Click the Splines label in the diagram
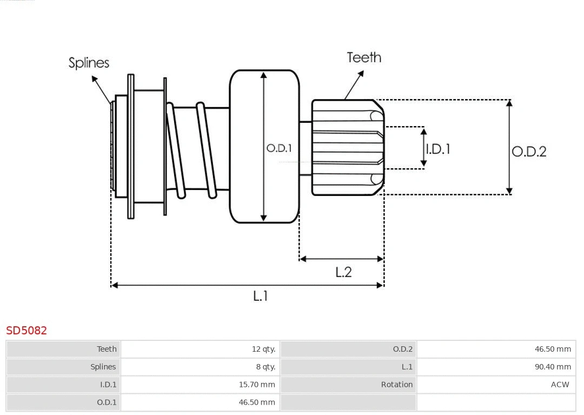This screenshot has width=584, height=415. (x=89, y=63)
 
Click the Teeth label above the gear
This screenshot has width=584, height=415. (x=364, y=57)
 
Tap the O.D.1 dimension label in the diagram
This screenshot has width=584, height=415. (x=278, y=148)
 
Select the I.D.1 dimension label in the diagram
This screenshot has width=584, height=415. (x=438, y=149)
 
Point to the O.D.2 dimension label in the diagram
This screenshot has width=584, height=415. (x=529, y=151)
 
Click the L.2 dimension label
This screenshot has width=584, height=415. (x=343, y=272)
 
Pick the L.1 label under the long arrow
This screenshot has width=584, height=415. (x=261, y=295)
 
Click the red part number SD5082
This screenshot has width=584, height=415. (x=26, y=330)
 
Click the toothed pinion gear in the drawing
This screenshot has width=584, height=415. (x=346, y=147)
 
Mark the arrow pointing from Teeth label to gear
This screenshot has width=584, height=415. (x=354, y=85)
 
